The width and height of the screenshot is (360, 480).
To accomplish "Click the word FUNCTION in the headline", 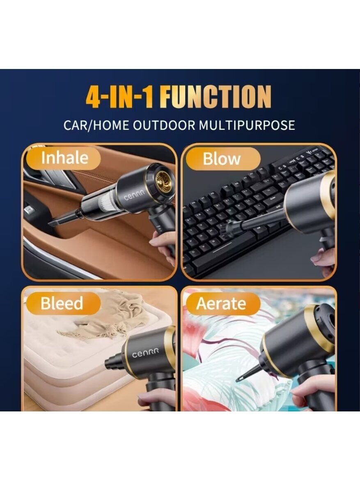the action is point(216,97).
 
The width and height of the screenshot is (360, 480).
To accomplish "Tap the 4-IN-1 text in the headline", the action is point(119,97).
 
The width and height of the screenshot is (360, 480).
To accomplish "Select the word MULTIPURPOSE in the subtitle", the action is point(247,125).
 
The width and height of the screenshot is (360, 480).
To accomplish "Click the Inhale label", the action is point(64,158).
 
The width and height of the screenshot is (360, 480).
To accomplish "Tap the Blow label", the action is point(222,159).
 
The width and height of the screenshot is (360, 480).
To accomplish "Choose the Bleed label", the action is point(62,303).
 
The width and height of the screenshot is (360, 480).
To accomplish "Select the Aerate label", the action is point(221,304).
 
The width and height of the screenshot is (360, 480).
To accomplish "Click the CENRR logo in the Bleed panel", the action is point(145,353).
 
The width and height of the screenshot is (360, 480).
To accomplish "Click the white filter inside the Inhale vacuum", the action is point(105,203).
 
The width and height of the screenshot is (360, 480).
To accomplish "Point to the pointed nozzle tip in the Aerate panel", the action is point(238,380).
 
